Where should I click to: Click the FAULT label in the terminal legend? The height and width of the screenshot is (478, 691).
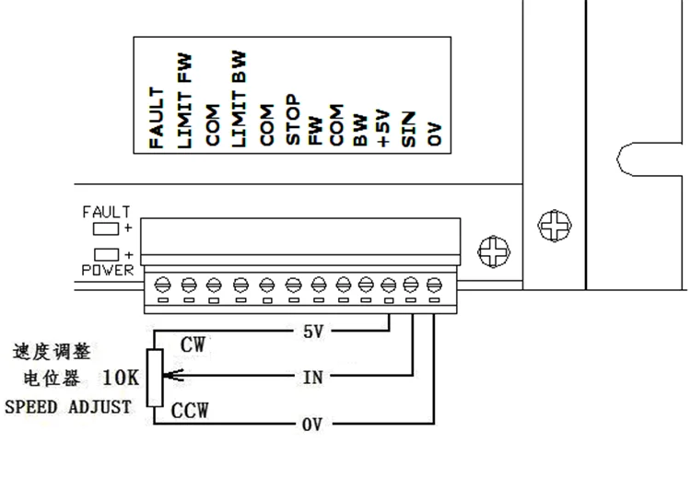(157, 118)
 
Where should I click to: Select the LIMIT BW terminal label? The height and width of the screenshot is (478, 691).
(239, 99)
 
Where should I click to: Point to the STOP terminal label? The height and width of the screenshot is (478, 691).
(291, 121)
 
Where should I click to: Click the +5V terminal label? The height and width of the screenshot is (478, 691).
(384, 128)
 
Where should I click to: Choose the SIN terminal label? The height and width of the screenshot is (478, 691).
(409, 130)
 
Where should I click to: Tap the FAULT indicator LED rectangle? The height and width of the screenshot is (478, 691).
(107, 227)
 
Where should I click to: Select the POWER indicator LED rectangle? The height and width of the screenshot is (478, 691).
(107, 253)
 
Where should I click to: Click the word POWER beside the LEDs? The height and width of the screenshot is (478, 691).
(107, 271)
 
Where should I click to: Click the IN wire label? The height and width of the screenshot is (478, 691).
(312, 377)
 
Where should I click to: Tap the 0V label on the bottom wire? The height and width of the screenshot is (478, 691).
(312, 425)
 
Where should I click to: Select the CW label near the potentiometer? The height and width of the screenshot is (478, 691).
(193, 345)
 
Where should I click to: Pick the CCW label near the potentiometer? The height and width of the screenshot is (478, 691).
(191, 410)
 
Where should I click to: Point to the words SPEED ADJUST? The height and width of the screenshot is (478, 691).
(68, 406)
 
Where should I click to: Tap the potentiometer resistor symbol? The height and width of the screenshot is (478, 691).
(156, 378)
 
